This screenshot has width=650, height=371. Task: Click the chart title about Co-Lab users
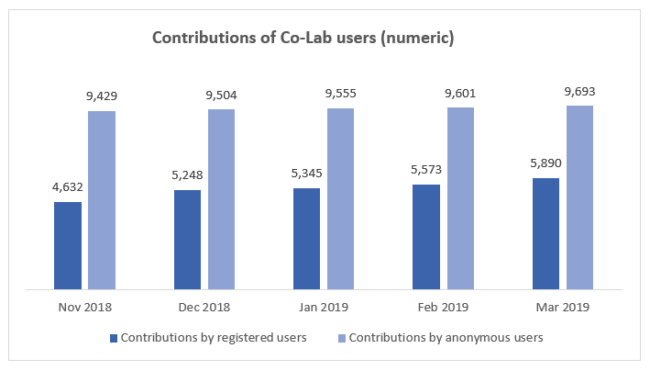[303, 39]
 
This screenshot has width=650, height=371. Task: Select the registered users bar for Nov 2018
[68, 245]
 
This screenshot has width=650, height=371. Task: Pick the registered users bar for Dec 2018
[187, 240]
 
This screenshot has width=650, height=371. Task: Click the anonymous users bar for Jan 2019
[340, 198]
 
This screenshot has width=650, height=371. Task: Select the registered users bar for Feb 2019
[426, 237]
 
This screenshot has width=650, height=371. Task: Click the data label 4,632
[68, 187]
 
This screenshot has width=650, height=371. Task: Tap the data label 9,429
[102, 96]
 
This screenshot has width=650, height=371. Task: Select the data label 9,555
[340, 94]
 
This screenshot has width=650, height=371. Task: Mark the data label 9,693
[579, 91]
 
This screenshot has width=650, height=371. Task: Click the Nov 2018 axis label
[84, 306]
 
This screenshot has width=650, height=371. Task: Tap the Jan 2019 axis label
[324, 306]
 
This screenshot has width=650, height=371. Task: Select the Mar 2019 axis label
[563, 306]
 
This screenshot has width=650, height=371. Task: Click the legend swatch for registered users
[114, 338]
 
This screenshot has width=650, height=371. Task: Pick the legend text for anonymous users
[446, 338]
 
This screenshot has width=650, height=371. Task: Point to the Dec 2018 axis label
[204, 306]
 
